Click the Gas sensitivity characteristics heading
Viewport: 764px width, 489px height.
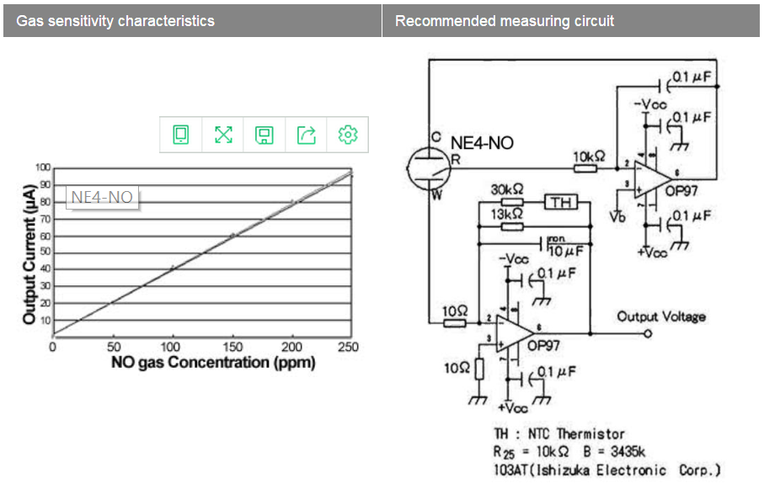pyautogui.click(x=115, y=20)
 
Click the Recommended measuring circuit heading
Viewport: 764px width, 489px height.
pyautogui.click(x=505, y=20)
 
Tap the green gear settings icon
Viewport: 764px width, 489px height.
pyautogui.click(x=348, y=134)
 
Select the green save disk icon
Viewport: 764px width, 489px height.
pyautogui.click(x=264, y=134)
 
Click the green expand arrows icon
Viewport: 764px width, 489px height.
pyautogui.click(x=223, y=134)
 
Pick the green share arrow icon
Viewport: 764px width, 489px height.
pyautogui.click(x=307, y=134)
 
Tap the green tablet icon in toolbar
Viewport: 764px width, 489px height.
pyautogui.click(x=181, y=134)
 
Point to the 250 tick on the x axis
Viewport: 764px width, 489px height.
pyautogui.click(x=347, y=347)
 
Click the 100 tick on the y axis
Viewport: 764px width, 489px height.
pyautogui.click(x=43, y=167)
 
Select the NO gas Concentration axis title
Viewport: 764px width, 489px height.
pyautogui.click(x=212, y=363)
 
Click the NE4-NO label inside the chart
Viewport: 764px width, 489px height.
pyautogui.click(x=101, y=198)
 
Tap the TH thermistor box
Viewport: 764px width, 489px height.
pyautogui.click(x=562, y=202)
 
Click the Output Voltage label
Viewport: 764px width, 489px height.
pyautogui.click(x=661, y=316)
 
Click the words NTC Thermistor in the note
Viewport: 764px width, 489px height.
pyautogui.click(x=577, y=434)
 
